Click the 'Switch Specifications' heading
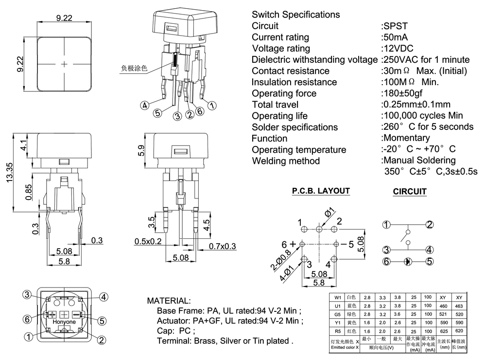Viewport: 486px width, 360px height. (296, 15)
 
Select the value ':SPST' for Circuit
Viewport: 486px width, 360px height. (396, 26)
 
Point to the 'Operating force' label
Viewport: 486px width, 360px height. (284, 93)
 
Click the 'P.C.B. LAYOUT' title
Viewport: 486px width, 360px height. (321, 191)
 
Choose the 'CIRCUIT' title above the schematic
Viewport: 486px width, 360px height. (409, 192)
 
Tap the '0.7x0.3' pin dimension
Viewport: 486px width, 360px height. (223, 247)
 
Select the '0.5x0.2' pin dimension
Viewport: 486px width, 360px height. (148, 242)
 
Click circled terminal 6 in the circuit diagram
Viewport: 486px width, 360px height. (386, 262)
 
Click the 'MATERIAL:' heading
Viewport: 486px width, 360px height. (169, 301)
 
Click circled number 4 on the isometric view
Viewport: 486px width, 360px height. (144, 106)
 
